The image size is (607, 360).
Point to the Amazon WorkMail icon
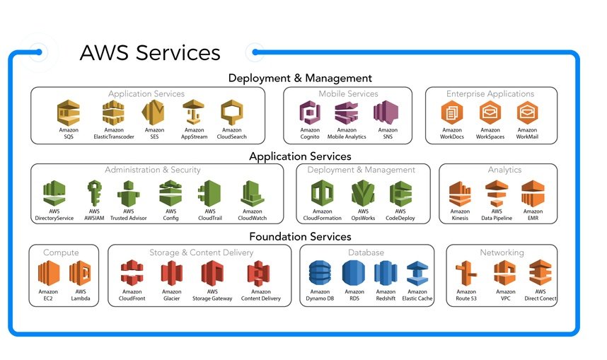point(527,113)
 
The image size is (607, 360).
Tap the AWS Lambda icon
point(81,274)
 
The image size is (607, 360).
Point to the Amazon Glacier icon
point(172,274)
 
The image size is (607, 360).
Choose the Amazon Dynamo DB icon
point(320,274)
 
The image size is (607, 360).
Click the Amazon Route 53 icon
point(466,274)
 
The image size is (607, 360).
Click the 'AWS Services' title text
point(150,53)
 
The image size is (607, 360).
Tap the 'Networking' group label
point(502,252)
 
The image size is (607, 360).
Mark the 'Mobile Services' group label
point(348,93)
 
